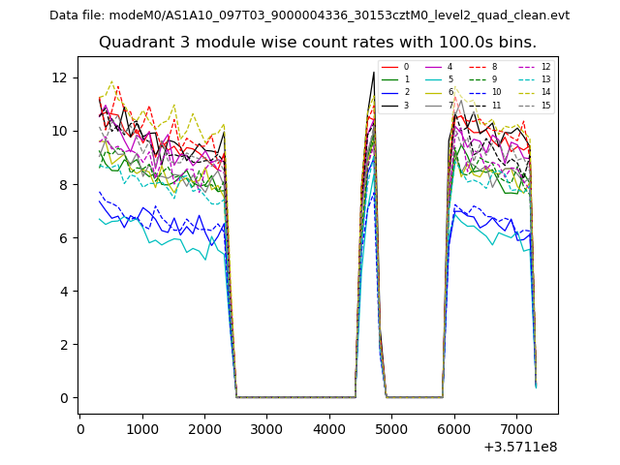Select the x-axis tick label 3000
pyautogui.click(x=266, y=428)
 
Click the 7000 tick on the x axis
pyautogui.click(x=515, y=428)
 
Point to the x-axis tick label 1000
pyautogui.click(x=142, y=428)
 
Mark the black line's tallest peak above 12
pyautogui.click(x=374, y=72)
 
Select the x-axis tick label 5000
pyautogui.click(x=391, y=428)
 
